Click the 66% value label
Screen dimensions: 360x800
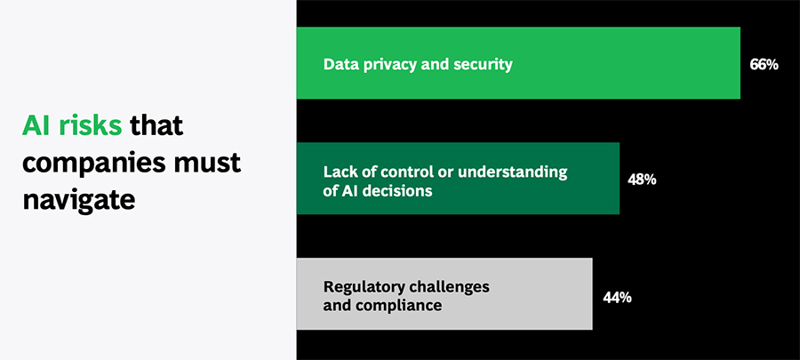[764, 65]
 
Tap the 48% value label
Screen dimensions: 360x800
[642, 180]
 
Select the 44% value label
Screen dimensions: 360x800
[617, 297]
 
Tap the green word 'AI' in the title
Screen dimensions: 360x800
[37, 126]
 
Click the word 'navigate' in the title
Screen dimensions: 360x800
[78, 200]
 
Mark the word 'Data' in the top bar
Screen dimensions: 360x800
[339, 65]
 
